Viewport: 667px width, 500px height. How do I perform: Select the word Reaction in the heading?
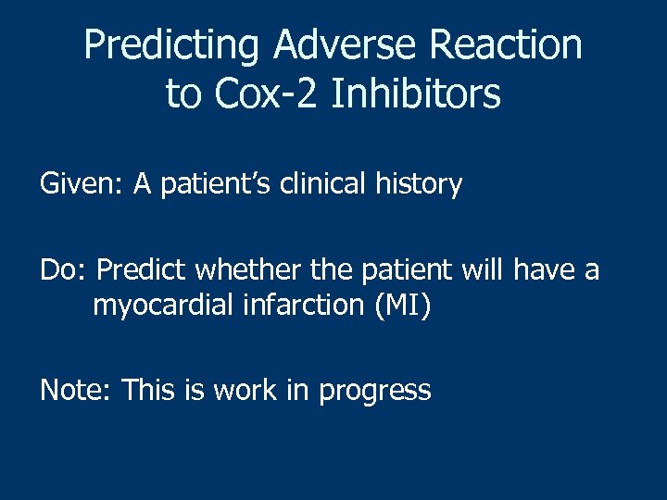click(501, 46)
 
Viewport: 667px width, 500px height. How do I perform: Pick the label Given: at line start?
click(82, 185)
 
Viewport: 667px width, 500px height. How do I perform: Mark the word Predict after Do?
click(141, 269)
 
